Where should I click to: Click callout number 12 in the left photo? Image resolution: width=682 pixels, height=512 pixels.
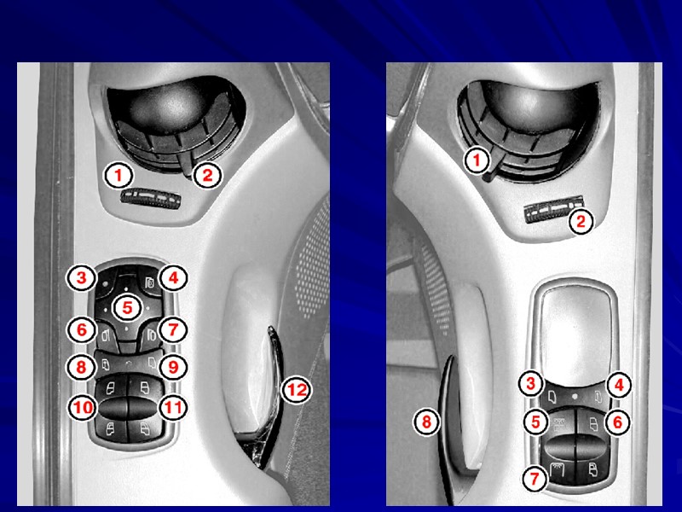[297, 390]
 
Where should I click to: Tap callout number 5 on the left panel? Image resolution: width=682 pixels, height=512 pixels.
[126, 308]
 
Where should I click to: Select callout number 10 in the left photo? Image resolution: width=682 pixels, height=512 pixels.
[82, 408]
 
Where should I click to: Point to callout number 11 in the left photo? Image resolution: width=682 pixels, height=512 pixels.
[173, 408]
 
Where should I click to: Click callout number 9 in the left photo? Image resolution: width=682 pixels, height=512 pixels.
[173, 367]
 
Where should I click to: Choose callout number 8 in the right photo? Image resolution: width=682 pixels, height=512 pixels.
[427, 422]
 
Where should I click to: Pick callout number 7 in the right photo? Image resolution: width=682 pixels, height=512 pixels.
[535, 479]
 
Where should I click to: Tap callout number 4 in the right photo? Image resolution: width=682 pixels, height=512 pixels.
[619, 385]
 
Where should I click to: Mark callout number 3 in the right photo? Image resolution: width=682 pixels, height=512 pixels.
[530, 383]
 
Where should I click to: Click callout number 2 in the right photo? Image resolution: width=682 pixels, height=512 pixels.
[581, 222]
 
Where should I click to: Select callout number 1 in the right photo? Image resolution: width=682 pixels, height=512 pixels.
[477, 160]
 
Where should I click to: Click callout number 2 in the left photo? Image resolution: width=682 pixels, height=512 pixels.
[207, 175]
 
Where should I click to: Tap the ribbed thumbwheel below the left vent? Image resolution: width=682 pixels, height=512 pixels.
[151, 199]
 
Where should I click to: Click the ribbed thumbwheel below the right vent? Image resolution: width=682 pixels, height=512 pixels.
[553, 209]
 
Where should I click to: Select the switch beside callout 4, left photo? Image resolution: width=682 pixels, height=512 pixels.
[148, 282]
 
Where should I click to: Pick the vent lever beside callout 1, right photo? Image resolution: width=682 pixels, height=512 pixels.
[493, 166]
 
